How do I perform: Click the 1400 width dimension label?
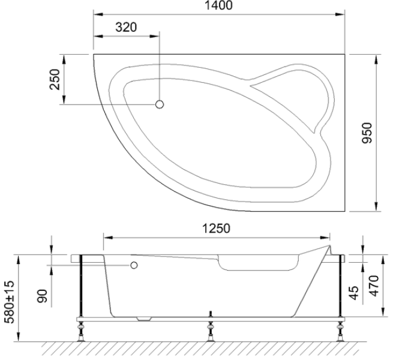[218, 5]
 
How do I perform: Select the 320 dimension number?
[126, 27]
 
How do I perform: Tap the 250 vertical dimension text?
[55, 79]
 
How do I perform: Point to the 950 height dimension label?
[367, 133]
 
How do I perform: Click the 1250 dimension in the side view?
[217, 229]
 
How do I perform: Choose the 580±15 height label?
[10, 302]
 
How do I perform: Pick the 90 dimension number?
[43, 296]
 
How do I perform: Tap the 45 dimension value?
[355, 293]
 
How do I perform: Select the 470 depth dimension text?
[374, 286]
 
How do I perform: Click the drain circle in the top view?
[160, 104]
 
